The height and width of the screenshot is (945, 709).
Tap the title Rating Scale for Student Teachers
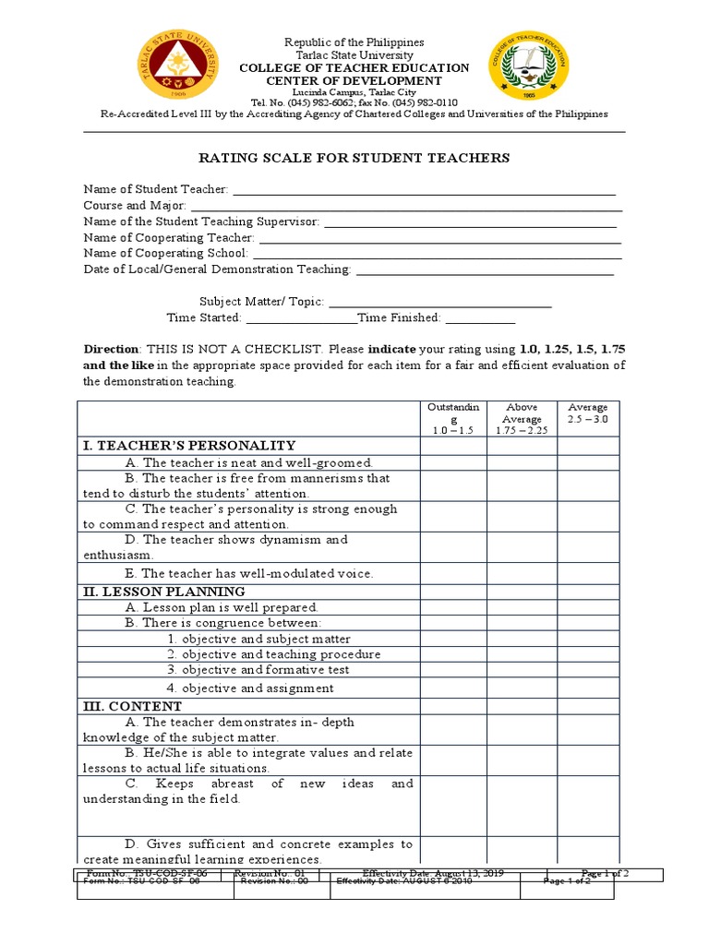[354, 158]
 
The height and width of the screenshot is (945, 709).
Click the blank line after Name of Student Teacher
[424, 190]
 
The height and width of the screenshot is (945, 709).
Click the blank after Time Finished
[480, 318]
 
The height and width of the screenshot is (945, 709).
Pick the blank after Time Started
[301, 318]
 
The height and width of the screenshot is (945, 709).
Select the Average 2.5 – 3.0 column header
[588, 413]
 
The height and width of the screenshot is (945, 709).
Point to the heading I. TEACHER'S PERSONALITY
[190, 446]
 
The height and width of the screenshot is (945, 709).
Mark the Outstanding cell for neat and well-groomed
[453, 462]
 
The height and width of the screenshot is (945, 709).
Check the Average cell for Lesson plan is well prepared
[588, 607]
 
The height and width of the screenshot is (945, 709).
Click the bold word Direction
[111, 350]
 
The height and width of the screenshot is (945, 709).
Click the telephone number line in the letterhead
[354, 102]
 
